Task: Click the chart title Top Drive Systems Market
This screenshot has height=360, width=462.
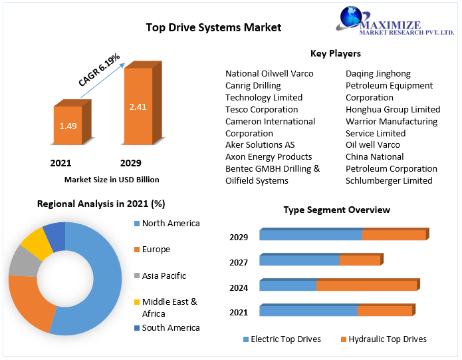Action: (x=213, y=27)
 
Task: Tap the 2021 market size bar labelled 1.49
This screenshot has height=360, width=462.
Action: (x=67, y=126)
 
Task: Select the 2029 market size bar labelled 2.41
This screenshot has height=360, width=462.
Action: (x=138, y=106)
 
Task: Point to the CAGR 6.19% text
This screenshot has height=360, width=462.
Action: (x=99, y=70)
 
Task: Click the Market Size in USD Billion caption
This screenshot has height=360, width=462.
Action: (x=112, y=180)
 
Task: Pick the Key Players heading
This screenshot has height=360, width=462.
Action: (x=335, y=53)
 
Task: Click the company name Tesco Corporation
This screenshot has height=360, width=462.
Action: (x=261, y=109)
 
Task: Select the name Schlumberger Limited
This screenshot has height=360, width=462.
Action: (x=389, y=180)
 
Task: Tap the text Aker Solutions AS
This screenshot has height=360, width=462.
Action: (x=260, y=145)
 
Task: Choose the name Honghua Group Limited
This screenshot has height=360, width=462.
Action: (x=393, y=109)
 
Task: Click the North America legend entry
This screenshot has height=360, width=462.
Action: (x=171, y=224)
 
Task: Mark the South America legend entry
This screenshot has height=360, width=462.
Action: (x=171, y=327)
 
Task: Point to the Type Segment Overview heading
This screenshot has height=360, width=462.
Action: (x=336, y=210)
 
